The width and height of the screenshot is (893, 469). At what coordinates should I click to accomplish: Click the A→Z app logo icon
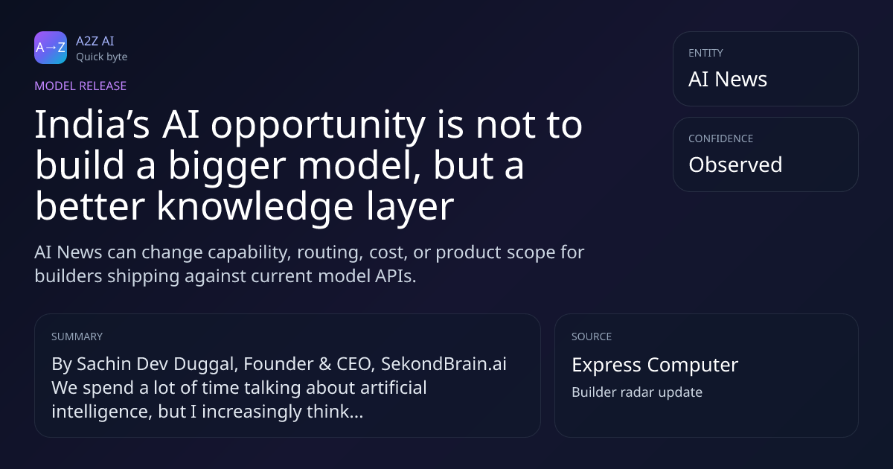51,48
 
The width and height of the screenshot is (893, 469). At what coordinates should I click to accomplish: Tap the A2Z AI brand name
95,41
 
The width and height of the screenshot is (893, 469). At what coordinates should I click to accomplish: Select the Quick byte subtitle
102,57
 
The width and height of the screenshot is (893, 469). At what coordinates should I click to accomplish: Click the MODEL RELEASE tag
80,86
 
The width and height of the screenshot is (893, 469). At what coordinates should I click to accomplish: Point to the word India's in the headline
92,124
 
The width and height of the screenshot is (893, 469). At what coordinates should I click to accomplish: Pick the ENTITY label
705,53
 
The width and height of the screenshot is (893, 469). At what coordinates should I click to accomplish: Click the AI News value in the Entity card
728,79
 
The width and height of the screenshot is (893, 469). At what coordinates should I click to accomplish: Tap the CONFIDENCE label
721,138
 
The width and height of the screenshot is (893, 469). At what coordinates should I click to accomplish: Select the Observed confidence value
735,165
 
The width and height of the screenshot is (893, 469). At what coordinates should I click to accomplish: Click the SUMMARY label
77,336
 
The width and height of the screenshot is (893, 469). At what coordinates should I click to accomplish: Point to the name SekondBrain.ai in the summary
444,364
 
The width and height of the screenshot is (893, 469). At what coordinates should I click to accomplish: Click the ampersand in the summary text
325,364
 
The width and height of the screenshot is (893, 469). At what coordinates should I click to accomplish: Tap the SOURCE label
592,336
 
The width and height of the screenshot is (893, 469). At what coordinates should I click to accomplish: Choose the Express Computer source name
655,365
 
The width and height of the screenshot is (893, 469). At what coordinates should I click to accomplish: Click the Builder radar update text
637,392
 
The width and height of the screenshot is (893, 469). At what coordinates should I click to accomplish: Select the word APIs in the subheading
395,276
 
